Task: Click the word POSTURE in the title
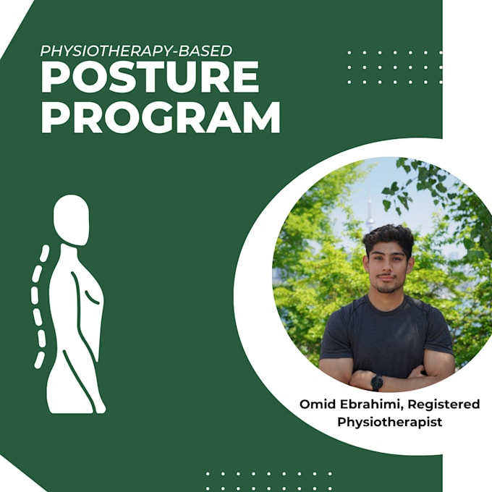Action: pyautogui.click(x=150, y=77)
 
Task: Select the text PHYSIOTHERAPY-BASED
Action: pyautogui.click(x=136, y=51)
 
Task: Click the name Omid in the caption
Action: pyautogui.click(x=316, y=404)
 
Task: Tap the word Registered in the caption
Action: pyautogui.click(x=444, y=404)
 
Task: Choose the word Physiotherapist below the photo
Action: pyautogui.click(x=389, y=420)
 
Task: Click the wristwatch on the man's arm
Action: pyautogui.click(x=376, y=381)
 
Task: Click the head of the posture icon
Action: pyautogui.click(x=72, y=220)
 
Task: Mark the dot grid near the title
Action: pyautogui.click(x=394, y=67)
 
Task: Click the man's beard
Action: pyautogui.click(x=386, y=286)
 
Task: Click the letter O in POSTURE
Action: pyautogui.click(x=86, y=77)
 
